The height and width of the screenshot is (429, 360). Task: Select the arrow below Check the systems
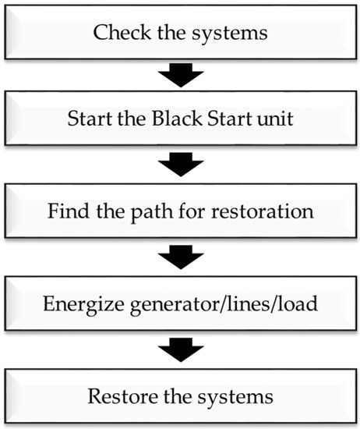click(181, 76)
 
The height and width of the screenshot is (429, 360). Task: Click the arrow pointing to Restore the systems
click(181, 346)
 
